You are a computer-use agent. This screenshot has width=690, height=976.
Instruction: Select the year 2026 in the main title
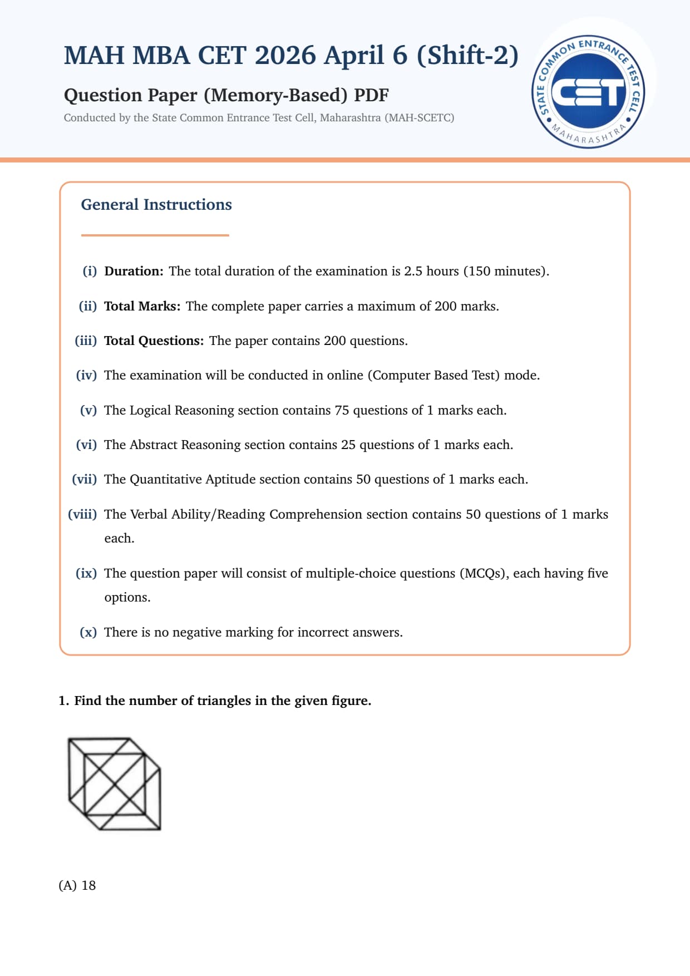pos(285,55)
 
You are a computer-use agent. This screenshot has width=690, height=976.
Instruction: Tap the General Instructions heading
pos(156,205)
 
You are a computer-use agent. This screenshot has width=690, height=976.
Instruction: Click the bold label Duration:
pos(134,271)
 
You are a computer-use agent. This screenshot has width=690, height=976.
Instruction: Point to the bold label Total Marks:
pos(142,306)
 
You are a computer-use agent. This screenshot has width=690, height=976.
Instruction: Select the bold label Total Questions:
pos(154,341)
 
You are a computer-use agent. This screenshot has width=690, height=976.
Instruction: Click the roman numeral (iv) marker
pos(86,375)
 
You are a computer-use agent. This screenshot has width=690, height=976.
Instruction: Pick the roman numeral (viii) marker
pos(82,514)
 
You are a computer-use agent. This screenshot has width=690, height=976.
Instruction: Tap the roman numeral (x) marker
pos(88,632)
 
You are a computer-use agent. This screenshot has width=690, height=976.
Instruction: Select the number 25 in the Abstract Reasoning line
pos(348,445)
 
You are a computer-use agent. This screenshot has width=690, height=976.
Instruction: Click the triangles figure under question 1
pos(115,784)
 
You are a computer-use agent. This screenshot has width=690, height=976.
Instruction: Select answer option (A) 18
pos(77,885)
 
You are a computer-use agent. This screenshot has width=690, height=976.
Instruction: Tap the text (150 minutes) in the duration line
pos(505,271)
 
